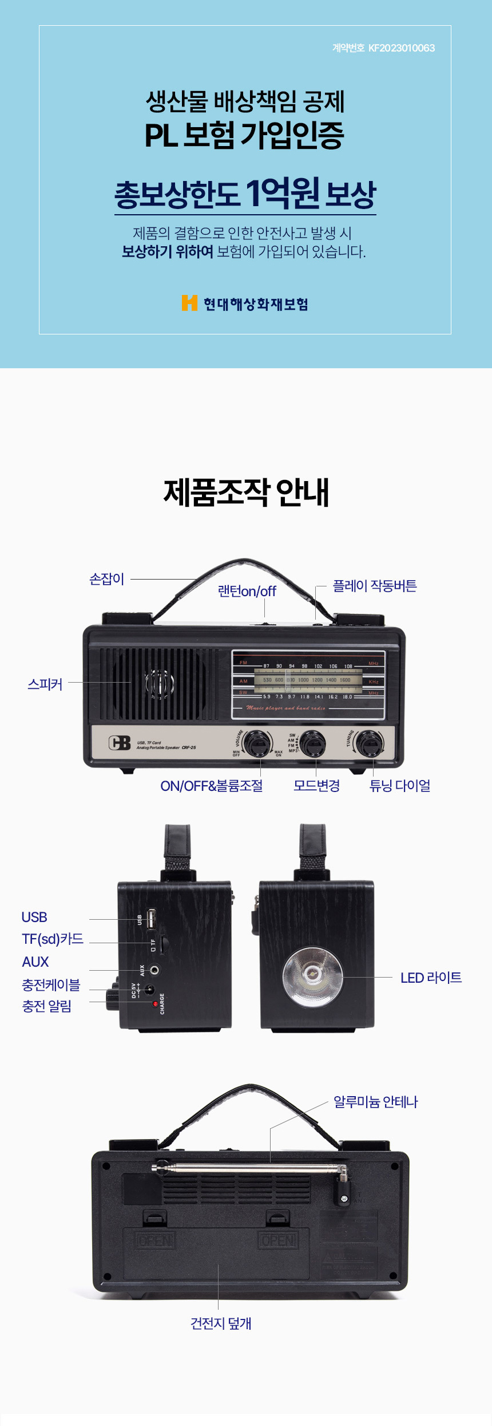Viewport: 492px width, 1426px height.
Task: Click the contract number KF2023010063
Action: tap(401, 48)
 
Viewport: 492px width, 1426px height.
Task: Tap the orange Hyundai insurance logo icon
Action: tap(189, 303)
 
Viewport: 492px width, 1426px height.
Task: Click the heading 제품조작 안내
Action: tap(246, 493)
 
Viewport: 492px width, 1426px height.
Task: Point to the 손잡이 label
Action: tap(107, 579)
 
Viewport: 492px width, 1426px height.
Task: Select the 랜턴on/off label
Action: tap(247, 591)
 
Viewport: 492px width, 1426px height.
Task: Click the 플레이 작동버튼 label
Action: tap(375, 586)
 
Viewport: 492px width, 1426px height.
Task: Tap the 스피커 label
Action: tap(45, 684)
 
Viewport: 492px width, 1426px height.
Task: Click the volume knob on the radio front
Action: tap(257, 743)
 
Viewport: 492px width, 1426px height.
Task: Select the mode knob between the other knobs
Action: tap(313, 743)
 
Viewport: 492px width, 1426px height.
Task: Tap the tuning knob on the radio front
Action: tap(368, 743)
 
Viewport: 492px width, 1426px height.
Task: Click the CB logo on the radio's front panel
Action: tap(120, 743)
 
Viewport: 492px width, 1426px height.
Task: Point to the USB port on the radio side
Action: tap(151, 919)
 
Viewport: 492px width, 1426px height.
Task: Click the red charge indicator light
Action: tap(155, 1004)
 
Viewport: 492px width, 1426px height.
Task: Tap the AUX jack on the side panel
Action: tap(154, 970)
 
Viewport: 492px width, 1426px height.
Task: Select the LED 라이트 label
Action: tap(431, 978)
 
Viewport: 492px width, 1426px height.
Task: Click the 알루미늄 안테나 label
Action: tap(375, 1102)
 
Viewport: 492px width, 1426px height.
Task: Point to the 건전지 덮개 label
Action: tap(221, 1323)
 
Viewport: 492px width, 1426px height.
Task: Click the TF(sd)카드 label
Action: tap(53, 939)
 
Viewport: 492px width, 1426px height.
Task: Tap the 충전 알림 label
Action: tap(47, 1006)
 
